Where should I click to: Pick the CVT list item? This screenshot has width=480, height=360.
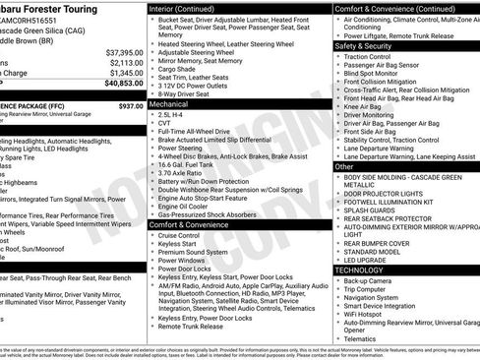click(164, 125)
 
